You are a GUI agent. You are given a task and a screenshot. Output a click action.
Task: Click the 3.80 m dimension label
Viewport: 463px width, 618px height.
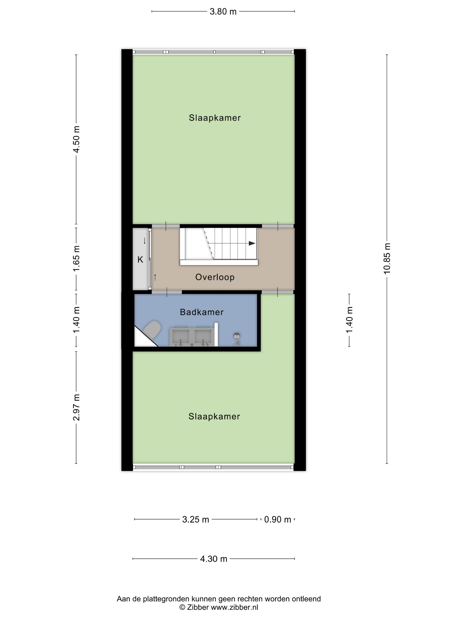point(223,12)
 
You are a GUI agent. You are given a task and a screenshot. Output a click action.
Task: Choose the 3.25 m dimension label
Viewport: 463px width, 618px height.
point(195,520)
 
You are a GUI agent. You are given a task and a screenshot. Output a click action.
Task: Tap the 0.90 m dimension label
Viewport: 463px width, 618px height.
point(277,520)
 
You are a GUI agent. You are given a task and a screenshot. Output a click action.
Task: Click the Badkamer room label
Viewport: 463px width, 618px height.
point(202,312)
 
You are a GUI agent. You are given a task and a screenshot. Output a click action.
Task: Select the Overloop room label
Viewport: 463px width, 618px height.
point(215,277)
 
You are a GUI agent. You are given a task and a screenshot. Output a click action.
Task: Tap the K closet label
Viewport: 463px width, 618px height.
point(140,260)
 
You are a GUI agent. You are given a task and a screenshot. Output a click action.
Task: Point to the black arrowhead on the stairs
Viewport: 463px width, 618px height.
point(252,243)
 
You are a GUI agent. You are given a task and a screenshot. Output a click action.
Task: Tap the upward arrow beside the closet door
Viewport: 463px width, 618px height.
point(155,277)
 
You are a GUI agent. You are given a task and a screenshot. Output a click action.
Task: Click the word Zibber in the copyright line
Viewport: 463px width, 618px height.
point(198,607)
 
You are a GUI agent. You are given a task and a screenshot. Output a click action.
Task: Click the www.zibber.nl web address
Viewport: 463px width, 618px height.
point(234,607)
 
